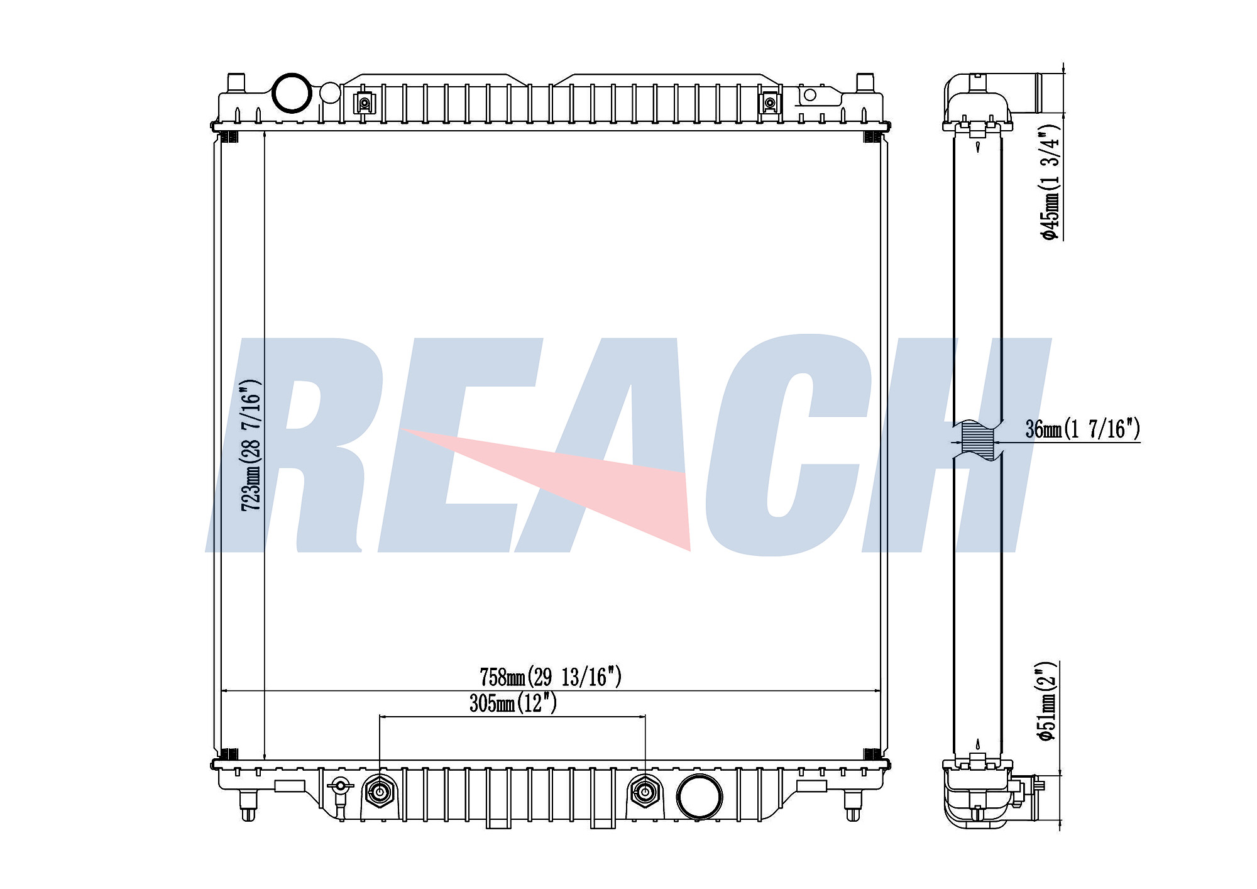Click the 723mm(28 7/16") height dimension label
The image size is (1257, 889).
coord(251,444)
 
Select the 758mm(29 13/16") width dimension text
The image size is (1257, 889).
coord(551,677)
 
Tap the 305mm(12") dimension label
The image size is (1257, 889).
coord(513,703)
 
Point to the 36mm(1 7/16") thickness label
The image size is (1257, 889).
coord(1082,429)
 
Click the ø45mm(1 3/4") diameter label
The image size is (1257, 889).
coord(1050,182)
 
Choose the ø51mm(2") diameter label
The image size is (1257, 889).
coord(1048,702)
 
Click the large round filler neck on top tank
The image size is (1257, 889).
coord(292,93)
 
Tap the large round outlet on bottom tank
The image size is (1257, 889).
coord(699,796)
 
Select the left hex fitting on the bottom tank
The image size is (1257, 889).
coord(380,792)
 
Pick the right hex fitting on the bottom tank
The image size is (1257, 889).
coord(645,792)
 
